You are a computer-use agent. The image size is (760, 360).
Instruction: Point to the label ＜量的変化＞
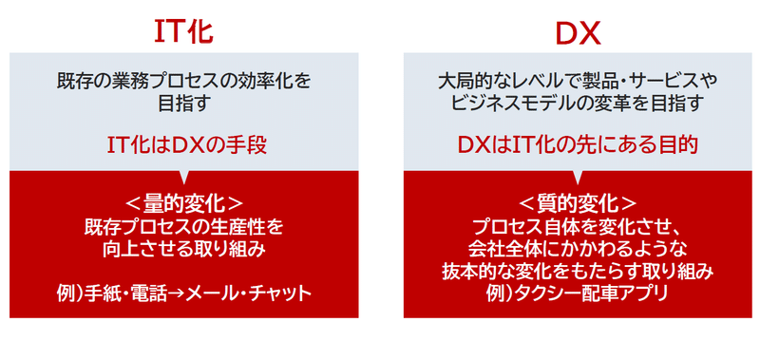(x=183, y=202)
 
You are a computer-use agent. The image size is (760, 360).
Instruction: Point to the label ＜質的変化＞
(x=578, y=202)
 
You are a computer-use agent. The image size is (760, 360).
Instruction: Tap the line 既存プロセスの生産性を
(x=183, y=226)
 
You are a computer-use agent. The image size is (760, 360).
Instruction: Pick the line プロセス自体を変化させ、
(x=578, y=226)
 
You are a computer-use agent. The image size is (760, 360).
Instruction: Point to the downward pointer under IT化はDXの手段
(x=183, y=176)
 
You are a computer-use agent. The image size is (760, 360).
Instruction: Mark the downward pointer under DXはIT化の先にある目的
(x=578, y=176)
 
